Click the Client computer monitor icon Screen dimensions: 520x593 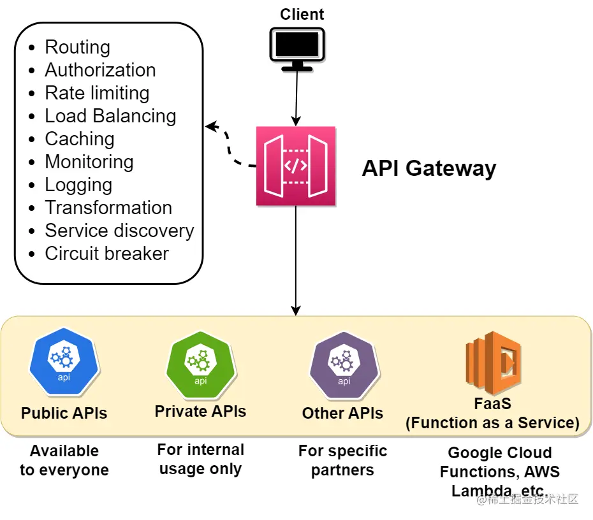(295, 48)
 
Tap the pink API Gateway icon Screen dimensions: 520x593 (296, 166)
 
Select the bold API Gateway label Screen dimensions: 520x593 (428, 168)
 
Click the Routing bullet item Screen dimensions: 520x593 (77, 47)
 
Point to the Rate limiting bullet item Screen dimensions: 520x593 (97, 93)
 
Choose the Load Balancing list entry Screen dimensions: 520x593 (110, 116)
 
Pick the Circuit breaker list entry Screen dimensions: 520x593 (106, 254)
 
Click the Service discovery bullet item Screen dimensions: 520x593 (119, 231)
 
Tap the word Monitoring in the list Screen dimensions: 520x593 (89, 162)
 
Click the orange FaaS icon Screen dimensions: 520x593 (493, 361)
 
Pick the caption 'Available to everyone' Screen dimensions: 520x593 (64, 461)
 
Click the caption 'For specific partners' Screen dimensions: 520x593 (342, 461)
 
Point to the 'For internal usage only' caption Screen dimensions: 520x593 (200, 459)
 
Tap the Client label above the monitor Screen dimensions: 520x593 (302, 14)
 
